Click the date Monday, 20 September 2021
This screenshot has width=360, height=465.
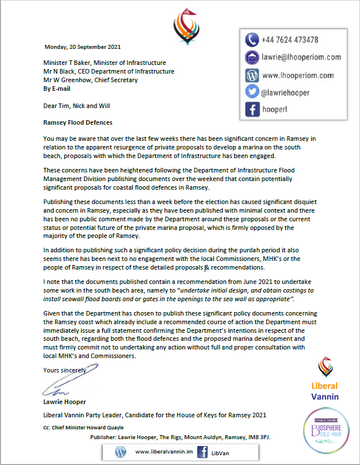pyautogui.click(x=83, y=47)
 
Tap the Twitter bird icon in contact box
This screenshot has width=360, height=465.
pyautogui.click(x=252, y=92)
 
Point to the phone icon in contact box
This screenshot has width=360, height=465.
pyautogui.click(x=252, y=40)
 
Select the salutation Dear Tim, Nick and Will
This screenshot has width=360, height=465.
pyautogui.click(x=76, y=106)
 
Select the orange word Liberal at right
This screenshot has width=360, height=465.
pyautogui.click(x=325, y=386)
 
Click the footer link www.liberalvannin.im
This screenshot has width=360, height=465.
pyautogui.click(x=159, y=452)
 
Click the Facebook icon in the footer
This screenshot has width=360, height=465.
pyautogui.click(x=202, y=452)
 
